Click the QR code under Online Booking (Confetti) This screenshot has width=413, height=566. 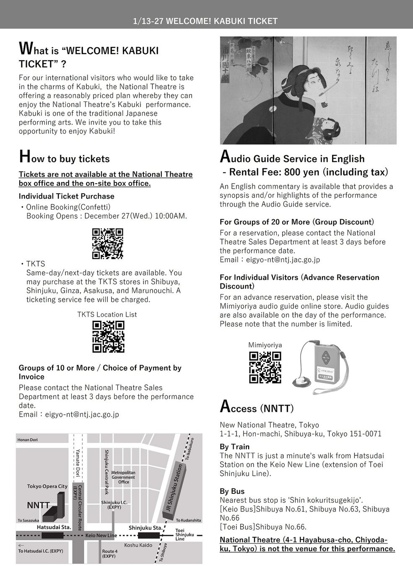(x=107, y=244)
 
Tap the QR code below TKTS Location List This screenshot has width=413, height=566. (x=108, y=336)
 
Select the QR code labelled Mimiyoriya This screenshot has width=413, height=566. (x=265, y=367)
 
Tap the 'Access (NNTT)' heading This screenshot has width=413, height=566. (x=257, y=407)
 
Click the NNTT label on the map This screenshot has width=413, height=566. (x=39, y=505)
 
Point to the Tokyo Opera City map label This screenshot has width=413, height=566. (x=47, y=486)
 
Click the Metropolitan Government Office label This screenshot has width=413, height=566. (x=123, y=477)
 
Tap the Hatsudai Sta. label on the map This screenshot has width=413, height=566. (x=54, y=527)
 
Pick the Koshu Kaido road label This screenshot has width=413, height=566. (x=138, y=545)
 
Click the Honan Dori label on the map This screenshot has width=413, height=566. (x=30, y=440)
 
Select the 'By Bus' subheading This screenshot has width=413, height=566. (x=232, y=491)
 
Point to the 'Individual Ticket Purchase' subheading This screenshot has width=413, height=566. (x=66, y=196)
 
